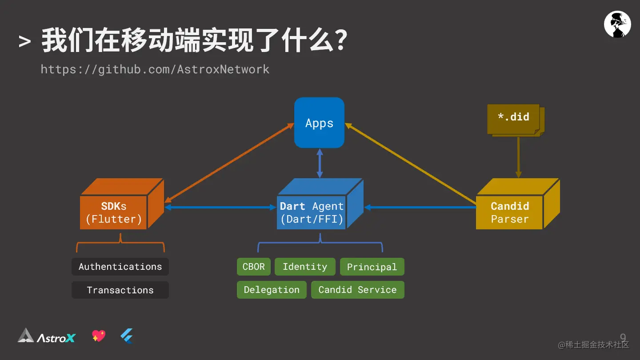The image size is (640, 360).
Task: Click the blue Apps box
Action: (x=319, y=123)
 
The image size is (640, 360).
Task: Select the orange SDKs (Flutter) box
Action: (x=114, y=212)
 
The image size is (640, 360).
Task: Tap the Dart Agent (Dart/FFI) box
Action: (x=312, y=212)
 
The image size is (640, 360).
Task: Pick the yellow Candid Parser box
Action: (x=509, y=212)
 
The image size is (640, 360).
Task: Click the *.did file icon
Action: (x=514, y=119)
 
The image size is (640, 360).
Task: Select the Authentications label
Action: (x=120, y=267)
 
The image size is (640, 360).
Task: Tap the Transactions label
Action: (x=120, y=290)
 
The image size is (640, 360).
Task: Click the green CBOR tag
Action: (x=253, y=267)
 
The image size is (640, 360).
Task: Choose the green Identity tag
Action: (x=305, y=267)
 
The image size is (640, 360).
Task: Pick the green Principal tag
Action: (x=372, y=267)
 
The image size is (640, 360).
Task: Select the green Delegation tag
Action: (x=272, y=290)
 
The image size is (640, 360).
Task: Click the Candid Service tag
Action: (x=357, y=290)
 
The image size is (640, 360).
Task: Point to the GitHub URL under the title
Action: (x=155, y=69)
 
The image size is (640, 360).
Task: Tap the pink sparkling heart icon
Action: (x=99, y=336)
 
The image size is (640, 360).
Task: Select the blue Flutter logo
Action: (x=127, y=336)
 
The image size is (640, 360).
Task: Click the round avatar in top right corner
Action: (x=617, y=24)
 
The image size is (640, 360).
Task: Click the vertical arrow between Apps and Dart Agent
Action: (x=319, y=163)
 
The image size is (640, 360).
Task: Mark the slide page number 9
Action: (x=623, y=337)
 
